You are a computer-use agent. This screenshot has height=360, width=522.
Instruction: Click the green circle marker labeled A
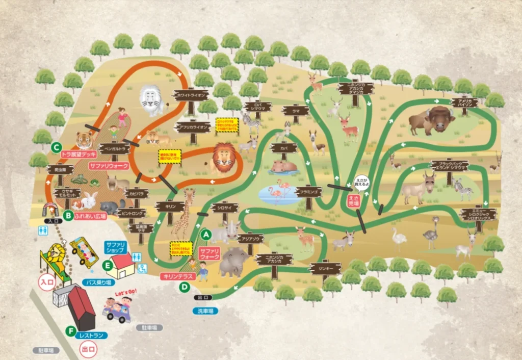206,235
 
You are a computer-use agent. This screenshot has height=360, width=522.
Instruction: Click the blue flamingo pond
279,195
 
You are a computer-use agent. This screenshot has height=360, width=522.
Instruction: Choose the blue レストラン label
91,336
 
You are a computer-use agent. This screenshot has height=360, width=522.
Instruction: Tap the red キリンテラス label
175,276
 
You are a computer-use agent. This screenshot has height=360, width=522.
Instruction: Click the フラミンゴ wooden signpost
308,192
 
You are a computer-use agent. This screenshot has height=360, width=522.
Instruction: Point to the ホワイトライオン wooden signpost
191,95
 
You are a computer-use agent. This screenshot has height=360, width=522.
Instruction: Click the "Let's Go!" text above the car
127,292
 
